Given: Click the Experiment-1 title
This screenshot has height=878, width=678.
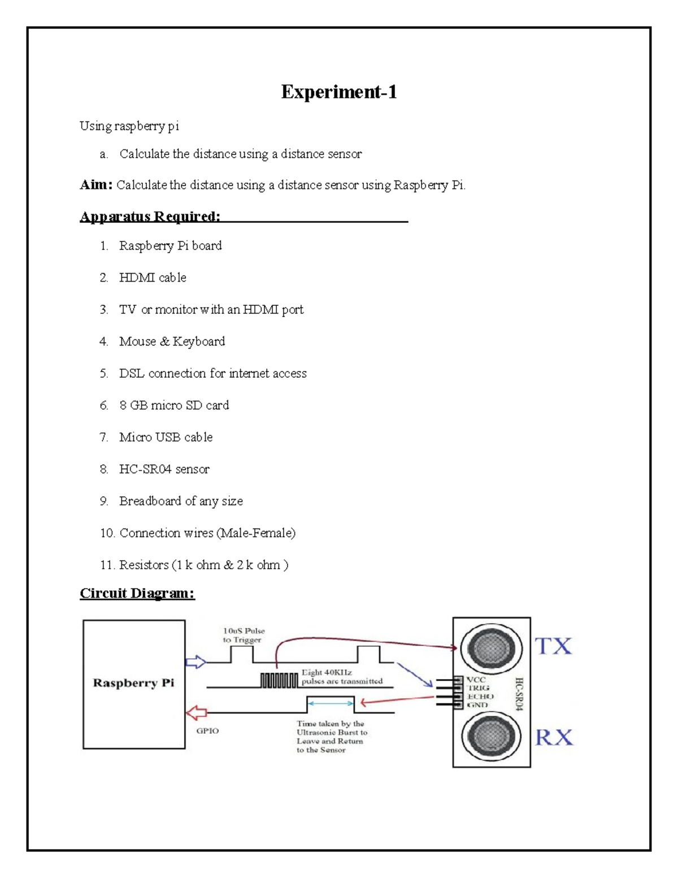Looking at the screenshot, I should pos(339,92).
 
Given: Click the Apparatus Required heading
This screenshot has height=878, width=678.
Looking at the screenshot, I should pos(150,217).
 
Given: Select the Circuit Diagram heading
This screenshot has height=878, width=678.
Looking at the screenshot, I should pos(137,593).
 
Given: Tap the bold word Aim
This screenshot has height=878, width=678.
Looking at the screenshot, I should pos(95,185).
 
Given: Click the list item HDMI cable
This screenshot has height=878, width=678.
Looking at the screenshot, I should pos(153,278).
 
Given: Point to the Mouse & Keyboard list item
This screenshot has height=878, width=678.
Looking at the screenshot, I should pos(172,341).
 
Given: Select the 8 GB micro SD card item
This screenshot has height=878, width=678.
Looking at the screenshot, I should pos(174,405).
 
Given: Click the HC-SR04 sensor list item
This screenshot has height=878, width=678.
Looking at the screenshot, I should pos(164,469).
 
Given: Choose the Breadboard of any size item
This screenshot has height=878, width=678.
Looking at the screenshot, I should pos(181,501).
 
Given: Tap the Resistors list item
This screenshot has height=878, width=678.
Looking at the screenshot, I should pos(203,565).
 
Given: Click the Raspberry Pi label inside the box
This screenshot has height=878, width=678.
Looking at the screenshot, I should pos(133,683).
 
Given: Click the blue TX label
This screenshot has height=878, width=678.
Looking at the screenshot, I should pos(553,646).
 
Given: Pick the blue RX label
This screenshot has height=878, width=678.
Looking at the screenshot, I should pos(554,737).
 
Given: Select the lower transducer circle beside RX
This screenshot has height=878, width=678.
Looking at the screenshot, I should pos(488,736).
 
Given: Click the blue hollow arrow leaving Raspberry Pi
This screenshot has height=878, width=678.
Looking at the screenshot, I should pos(196,662).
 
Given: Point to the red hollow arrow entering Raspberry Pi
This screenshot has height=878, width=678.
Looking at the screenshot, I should pos(197,712).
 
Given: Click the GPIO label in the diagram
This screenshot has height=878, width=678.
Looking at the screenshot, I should pos(207,731).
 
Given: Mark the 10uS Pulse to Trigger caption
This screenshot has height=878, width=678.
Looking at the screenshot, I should pos(244,635).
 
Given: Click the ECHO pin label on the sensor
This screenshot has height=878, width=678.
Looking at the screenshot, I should pos(480,697).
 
